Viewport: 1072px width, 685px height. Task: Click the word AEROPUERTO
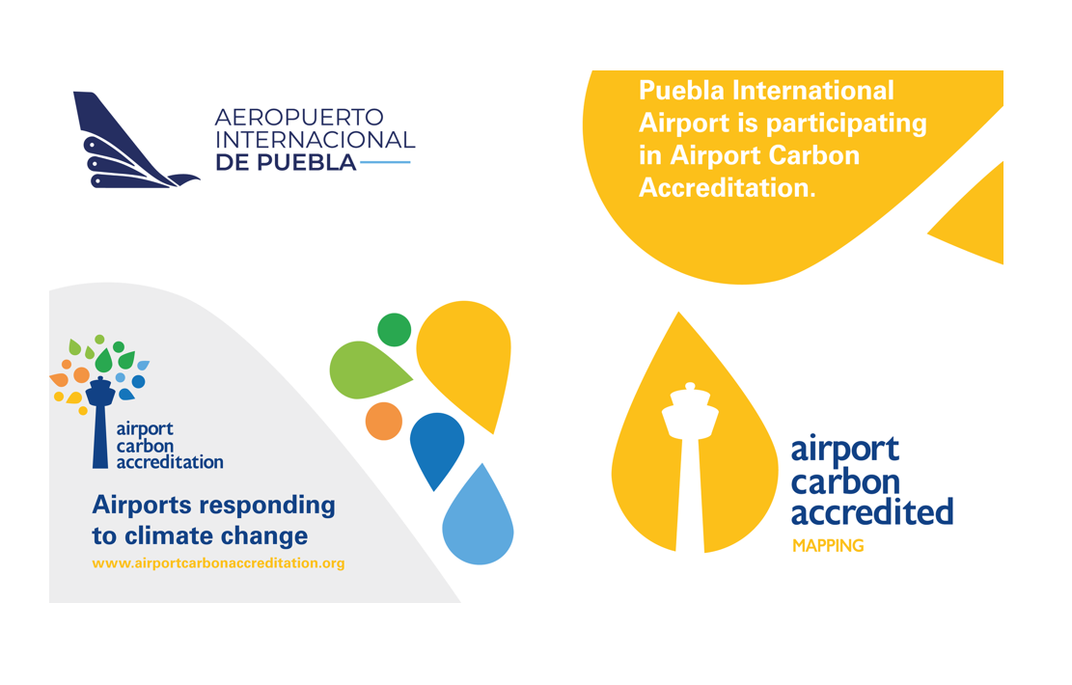tap(299, 117)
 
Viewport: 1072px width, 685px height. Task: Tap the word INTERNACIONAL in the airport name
tap(316, 140)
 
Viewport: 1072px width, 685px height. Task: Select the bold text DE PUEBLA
tap(286, 162)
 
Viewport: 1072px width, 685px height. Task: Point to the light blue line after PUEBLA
tap(385, 162)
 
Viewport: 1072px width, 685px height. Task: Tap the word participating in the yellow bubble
tap(846, 123)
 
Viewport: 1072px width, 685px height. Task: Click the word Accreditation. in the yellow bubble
tap(728, 187)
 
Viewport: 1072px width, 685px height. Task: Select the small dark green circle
tap(395, 330)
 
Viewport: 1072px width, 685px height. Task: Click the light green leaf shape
tap(367, 370)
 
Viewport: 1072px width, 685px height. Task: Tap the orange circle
tap(383, 421)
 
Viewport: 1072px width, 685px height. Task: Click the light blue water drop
tap(479, 518)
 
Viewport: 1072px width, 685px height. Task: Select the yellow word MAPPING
tap(828, 545)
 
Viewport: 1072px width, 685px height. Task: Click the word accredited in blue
tap(872, 512)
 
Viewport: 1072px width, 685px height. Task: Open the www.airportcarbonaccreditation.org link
tap(218, 563)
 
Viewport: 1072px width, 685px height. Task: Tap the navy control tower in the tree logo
tap(100, 422)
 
